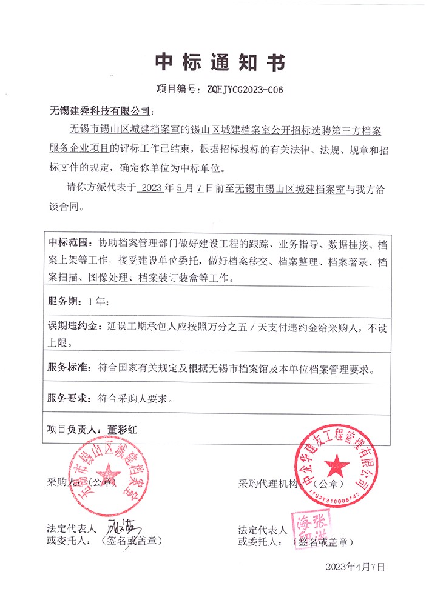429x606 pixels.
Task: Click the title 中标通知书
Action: pyautogui.click(x=214, y=62)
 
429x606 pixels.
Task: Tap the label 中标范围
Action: pyautogui.click(x=69, y=244)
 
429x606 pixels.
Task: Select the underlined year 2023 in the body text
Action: pyautogui.click(x=150, y=189)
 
